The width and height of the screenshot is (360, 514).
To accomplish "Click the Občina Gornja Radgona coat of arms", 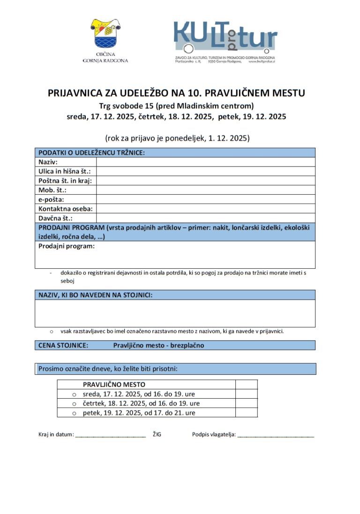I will (x=105, y=33).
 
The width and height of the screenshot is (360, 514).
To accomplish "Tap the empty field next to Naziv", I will (x=205, y=162).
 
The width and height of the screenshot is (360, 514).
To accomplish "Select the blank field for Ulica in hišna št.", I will (x=205, y=171).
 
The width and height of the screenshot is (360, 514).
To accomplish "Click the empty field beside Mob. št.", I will (x=205, y=190).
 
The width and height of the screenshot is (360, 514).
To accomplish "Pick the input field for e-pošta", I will (x=205, y=199).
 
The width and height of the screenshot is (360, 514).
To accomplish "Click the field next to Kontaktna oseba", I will (x=205, y=209).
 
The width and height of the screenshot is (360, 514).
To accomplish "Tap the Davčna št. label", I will (x=55, y=218).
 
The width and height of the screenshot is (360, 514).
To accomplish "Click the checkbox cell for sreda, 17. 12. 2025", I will (x=246, y=394).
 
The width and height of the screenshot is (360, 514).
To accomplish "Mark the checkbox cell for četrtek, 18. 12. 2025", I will (x=246, y=403).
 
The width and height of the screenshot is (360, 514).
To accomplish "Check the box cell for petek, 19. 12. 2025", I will (x=246, y=413).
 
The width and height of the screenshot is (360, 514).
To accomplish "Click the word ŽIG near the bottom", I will (x=157, y=435).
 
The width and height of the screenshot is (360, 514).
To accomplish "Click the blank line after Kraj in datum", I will (x=111, y=436).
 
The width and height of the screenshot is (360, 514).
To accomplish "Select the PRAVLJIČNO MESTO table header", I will (x=114, y=385).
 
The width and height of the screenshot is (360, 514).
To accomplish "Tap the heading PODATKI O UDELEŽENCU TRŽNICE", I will (x=91, y=153).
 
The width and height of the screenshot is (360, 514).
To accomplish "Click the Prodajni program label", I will (x=66, y=246).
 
